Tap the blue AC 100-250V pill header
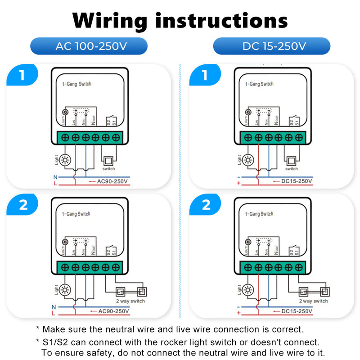pos(89,46)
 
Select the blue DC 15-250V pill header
pos(271,46)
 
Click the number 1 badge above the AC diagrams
pos(22,75)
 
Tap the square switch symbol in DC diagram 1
pos(291,161)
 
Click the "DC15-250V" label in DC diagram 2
pos(296,311)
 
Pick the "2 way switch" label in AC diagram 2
pos(130,301)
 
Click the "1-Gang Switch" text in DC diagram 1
pos(259,84)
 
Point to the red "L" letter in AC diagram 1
pos(55,184)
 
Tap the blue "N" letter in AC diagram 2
pos(54,307)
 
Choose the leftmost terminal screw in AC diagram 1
pos(65,137)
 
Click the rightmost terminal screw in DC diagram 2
pos(299,266)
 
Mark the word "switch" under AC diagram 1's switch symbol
pos(108,169)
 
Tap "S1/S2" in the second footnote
pos(54,343)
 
